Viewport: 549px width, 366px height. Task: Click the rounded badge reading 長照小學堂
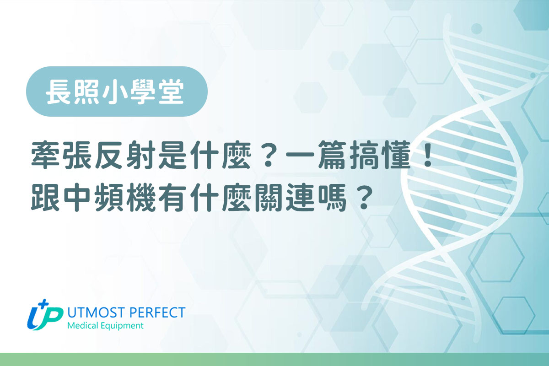(117, 91)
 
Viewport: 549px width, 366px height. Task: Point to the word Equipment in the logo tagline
(122, 326)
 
